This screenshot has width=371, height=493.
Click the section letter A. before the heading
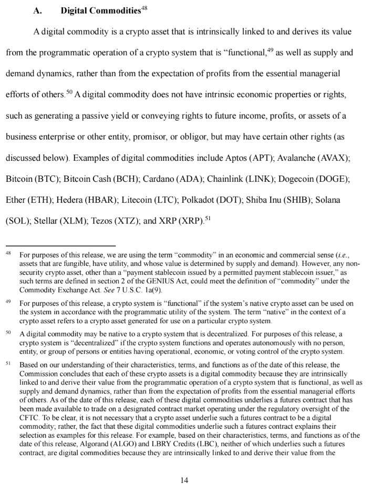click(x=38, y=11)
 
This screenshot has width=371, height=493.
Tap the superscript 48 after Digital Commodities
click(x=145, y=8)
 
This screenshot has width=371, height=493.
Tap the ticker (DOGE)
click(x=332, y=179)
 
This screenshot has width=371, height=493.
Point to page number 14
click(x=184, y=480)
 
